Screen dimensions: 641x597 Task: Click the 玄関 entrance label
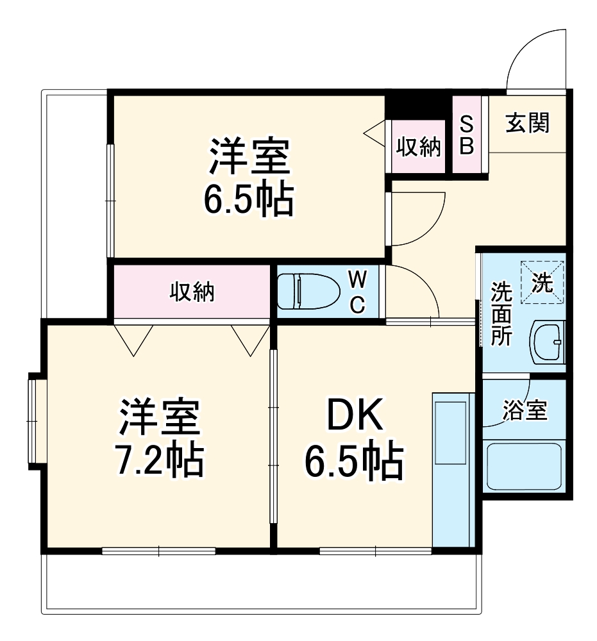pyautogui.click(x=527, y=123)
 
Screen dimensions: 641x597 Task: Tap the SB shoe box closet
pyautogui.click(x=466, y=135)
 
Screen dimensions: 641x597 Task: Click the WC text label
pyautogui.click(x=358, y=292)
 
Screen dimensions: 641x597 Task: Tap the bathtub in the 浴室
pyautogui.click(x=523, y=465)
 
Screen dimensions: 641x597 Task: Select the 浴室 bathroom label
pyautogui.click(x=525, y=410)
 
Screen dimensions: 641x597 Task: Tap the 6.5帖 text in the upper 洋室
pyautogui.click(x=248, y=199)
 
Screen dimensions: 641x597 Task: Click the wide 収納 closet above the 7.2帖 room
pyautogui.click(x=192, y=292)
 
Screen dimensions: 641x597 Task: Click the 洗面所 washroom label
pyautogui.click(x=501, y=314)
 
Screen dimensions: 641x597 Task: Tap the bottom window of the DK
pyautogui.click(x=375, y=550)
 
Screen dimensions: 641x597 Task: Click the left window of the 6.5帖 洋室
pyautogui.click(x=110, y=201)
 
